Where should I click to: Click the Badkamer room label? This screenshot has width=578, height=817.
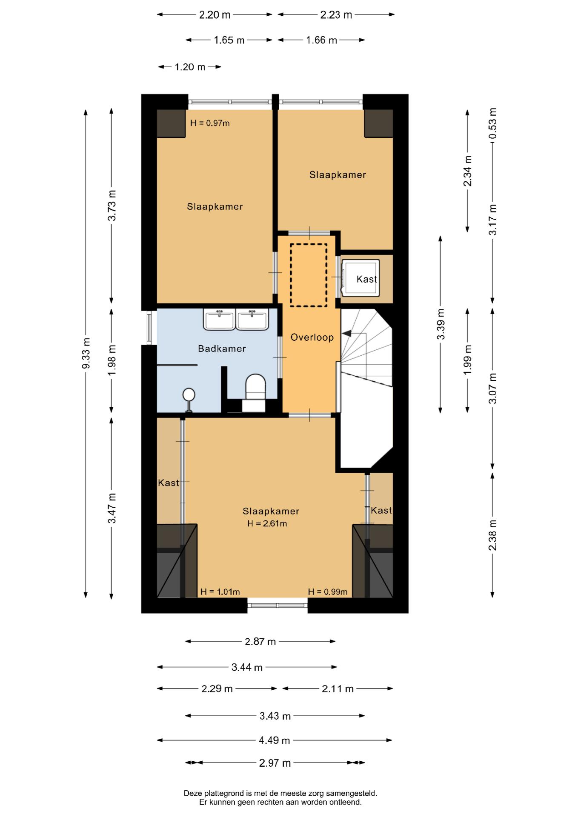(222, 349)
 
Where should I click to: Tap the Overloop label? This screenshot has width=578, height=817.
(312, 337)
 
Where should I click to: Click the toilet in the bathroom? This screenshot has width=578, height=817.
(255, 392)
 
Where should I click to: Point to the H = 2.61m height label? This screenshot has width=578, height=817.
(267, 523)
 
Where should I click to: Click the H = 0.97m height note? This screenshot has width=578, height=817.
(210, 123)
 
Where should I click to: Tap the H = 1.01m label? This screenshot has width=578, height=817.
(220, 591)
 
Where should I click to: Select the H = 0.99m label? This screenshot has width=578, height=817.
(328, 591)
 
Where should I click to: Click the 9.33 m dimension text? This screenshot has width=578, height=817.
(86, 353)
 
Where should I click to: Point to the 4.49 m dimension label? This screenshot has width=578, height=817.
(275, 740)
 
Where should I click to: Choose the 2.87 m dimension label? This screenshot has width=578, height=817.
(260, 641)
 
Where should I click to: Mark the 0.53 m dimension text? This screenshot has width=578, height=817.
(492, 123)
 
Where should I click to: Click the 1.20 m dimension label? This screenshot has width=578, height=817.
(190, 67)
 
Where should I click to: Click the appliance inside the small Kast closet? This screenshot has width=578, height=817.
(361, 277)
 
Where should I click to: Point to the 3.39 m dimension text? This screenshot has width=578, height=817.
(441, 324)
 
